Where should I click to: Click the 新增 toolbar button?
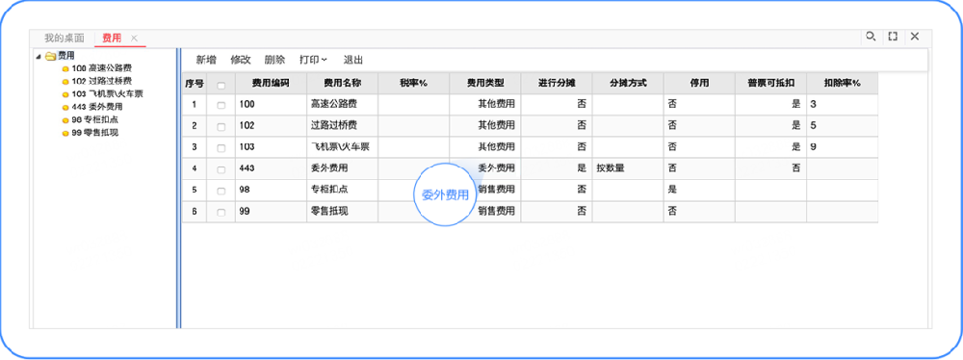tap(205, 60)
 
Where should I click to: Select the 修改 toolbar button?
tap(240, 60)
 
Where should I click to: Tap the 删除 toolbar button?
tap(274, 60)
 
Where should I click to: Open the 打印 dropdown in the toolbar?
tap(313, 60)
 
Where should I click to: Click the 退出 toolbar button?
tap(353, 60)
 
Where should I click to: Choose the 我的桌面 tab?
tap(64, 38)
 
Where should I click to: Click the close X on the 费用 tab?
tap(135, 38)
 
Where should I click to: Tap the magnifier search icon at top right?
tap(871, 37)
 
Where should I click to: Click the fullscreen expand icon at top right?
tap(893, 37)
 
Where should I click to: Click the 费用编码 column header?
tap(270, 84)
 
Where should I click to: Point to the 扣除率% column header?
tap(842, 84)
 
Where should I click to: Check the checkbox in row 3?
tap(221, 147)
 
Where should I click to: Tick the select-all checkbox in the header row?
tap(221, 85)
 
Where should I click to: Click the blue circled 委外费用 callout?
tap(446, 194)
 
